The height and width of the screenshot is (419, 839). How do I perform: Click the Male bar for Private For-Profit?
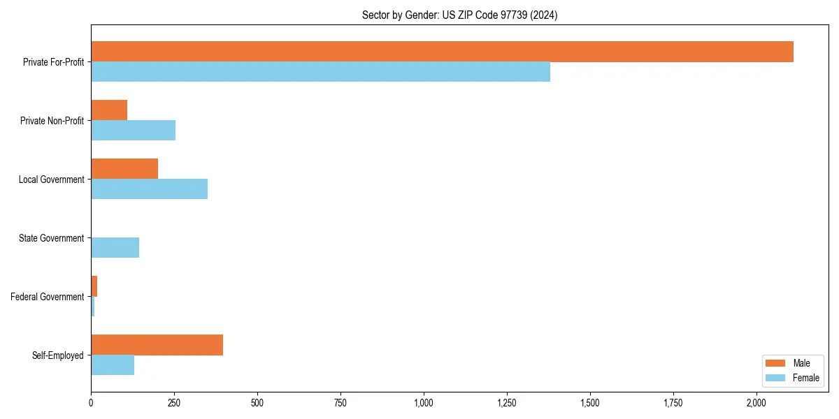[x=442, y=52]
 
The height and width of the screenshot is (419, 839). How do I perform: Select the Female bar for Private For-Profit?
[x=320, y=72]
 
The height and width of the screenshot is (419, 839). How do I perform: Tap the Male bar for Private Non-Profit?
[x=109, y=110]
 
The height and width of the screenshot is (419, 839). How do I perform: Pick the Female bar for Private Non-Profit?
[x=133, y=131]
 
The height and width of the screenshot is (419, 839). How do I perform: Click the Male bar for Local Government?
[x=124, y=169]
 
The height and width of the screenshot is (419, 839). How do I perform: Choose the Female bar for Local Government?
[x=149, y=189]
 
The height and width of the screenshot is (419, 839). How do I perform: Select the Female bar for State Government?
[x=115, y=248]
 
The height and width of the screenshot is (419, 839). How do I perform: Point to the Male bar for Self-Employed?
[x=157, y=345]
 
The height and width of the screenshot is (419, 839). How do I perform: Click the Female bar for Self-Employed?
[x=113, y=365]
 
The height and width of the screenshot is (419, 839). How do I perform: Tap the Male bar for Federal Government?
[x=94, y=286]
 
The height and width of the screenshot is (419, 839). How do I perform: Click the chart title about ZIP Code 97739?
[x=459, y=15]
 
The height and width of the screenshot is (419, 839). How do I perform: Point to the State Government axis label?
[x=51, y=238]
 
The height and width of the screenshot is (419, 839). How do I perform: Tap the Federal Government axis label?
[x=48, y=297]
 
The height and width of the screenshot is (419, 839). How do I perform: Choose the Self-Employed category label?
[x=58, y=355]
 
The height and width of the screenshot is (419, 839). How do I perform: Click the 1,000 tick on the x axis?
[x=424, y=403]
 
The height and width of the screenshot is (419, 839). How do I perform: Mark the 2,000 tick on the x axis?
[x=756, y=403]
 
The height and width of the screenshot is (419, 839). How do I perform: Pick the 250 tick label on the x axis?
[x=174, y=403]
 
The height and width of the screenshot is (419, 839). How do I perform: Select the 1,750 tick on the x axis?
[x=673, y=403]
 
